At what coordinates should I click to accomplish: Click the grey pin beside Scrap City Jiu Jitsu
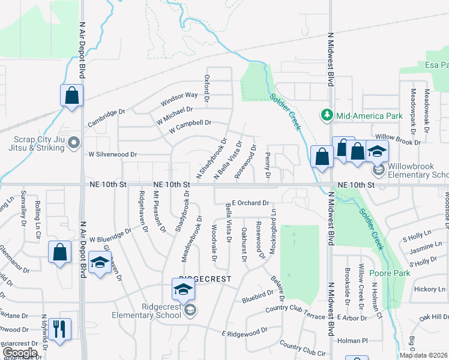(x=74, y=143)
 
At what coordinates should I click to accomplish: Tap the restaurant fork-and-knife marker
(x=60, y=329)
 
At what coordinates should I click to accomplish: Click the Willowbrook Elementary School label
(x=418, y=171)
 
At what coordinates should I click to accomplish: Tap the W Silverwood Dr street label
(x=113, y=154)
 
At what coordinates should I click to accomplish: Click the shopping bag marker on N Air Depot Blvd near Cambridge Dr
(x=71, y=96)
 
